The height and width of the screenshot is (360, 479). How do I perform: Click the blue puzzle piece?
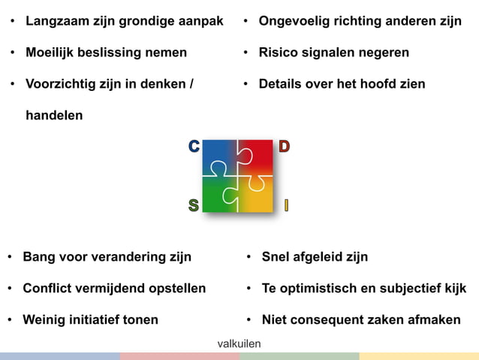[218, 156]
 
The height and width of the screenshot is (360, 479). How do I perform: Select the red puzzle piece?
[257, 156]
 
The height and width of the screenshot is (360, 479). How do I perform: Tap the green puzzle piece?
[218, 195]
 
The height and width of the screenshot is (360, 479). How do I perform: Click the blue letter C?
[194, 147]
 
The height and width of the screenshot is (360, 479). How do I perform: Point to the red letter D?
[284, 147]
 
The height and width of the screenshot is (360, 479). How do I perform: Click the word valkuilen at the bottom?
[239, 343]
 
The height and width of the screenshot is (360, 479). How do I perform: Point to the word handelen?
[54, 116]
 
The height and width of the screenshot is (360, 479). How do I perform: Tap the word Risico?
[279, 53]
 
